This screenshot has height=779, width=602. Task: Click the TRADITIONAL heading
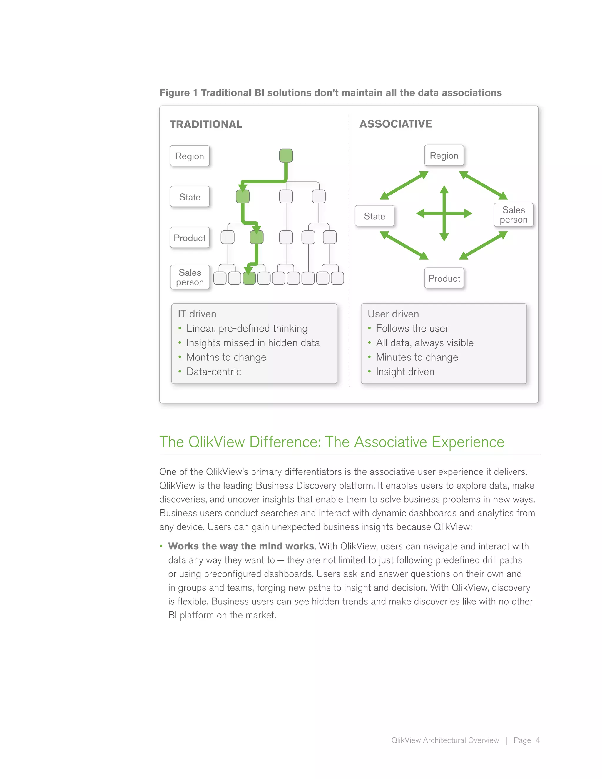(x=206, y=124)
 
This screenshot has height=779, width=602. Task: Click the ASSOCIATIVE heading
(x=396, y=124)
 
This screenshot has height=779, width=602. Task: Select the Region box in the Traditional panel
(x=190, y=156)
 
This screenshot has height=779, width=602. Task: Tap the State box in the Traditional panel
(x=190, y=197)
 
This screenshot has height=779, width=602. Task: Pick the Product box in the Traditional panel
(x=190, y=238)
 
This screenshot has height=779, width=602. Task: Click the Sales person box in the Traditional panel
(x=190, y=277)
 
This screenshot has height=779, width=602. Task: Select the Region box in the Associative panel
(x=444, y=156)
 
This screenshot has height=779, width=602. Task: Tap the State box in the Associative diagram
(x=374, y=216)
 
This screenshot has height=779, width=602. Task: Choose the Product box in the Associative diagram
(x=444, y=278)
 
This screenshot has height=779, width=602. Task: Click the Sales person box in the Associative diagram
(x=513, y=215)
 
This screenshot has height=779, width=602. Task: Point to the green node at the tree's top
(x=286, y=156)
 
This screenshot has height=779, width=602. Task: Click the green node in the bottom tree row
(x=249, y=278)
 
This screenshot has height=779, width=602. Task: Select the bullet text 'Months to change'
(x=226, y=357)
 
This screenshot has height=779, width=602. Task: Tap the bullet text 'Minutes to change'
(x=417, y=357)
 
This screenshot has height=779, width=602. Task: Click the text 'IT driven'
(x=197, y=314)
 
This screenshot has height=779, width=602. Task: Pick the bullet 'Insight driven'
(x=405, y=372)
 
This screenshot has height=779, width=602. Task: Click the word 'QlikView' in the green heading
(x=216, y=442)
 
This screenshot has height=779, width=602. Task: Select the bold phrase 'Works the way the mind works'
(x=241, y=546)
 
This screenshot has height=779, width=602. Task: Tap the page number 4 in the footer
(x=537, y=740)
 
